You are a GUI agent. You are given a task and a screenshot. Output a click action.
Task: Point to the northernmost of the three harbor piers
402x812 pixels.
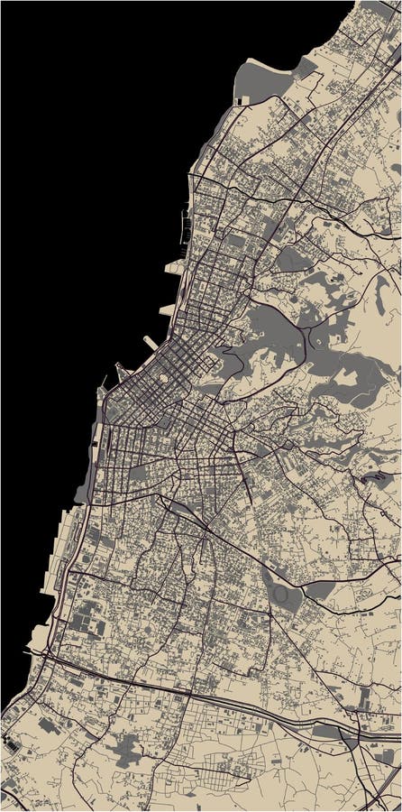click(174, 267)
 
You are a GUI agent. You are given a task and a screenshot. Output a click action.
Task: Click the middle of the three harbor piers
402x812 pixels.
click(167, 309)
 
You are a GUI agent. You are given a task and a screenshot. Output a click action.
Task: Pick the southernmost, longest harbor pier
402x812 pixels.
click(150, 345)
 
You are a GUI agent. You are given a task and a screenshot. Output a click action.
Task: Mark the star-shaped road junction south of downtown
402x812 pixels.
click(206, 527)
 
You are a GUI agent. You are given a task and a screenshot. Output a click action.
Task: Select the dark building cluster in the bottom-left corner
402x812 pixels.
click(13, 745)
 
